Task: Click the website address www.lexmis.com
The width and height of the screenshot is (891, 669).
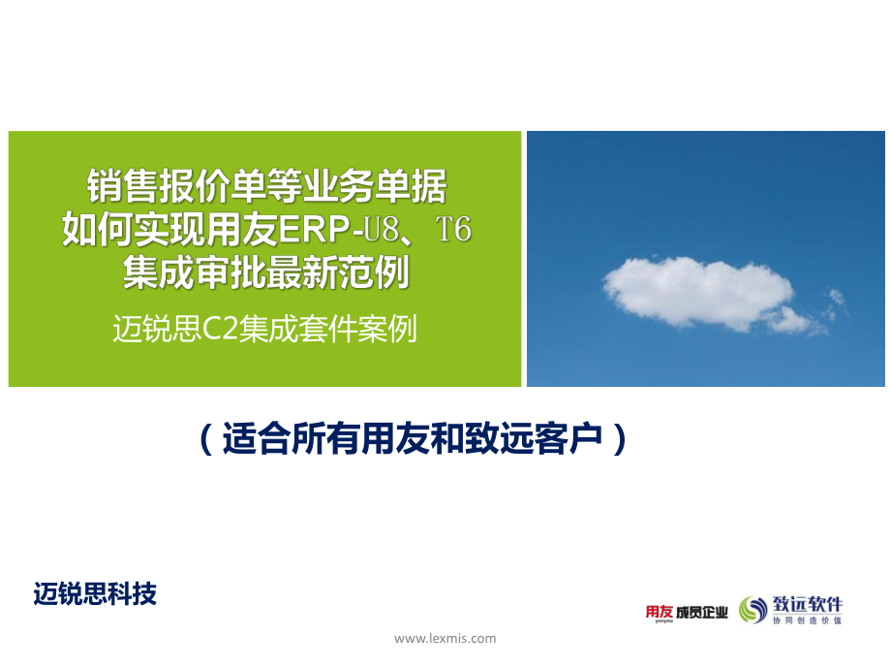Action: pyautogui.click(x=445, y=638)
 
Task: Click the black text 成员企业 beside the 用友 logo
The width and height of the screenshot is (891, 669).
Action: pyautogui.click(x=701, y=611)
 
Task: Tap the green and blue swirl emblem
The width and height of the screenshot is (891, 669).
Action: pyautogui.click(x=753, y=609)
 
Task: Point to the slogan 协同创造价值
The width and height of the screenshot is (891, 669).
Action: pyautogui.click(x=807, y=621)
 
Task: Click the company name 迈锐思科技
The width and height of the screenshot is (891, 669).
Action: pyautogui.click(x=95, y=592)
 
